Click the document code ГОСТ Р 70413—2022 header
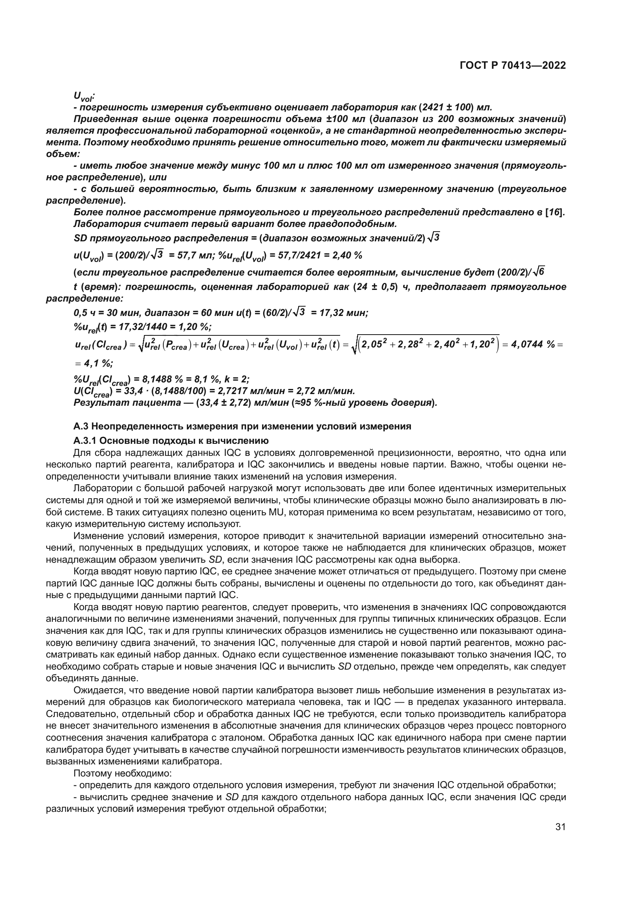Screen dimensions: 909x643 [x=513, y=66]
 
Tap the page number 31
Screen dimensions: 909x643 [x=560, y=827]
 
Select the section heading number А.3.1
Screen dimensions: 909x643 [x=86, y=441]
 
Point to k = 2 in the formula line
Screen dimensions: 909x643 [x=236, y=380]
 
